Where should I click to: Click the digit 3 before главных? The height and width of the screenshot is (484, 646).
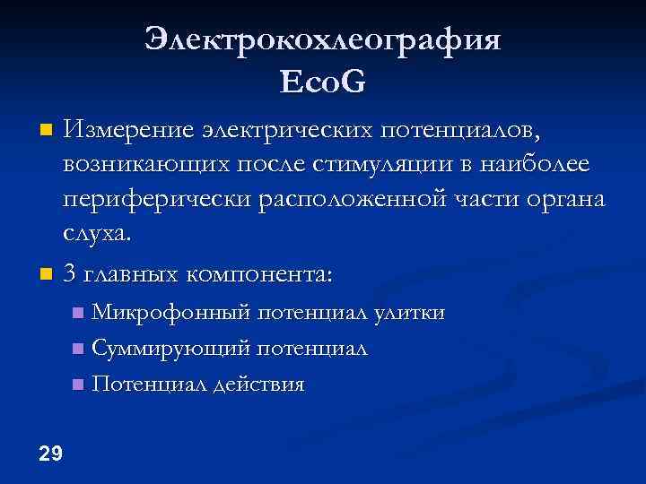[x=69, y=272]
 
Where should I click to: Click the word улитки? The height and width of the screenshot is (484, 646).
[x=411, y=313]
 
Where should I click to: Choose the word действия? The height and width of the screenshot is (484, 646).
[x=259, y=385]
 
